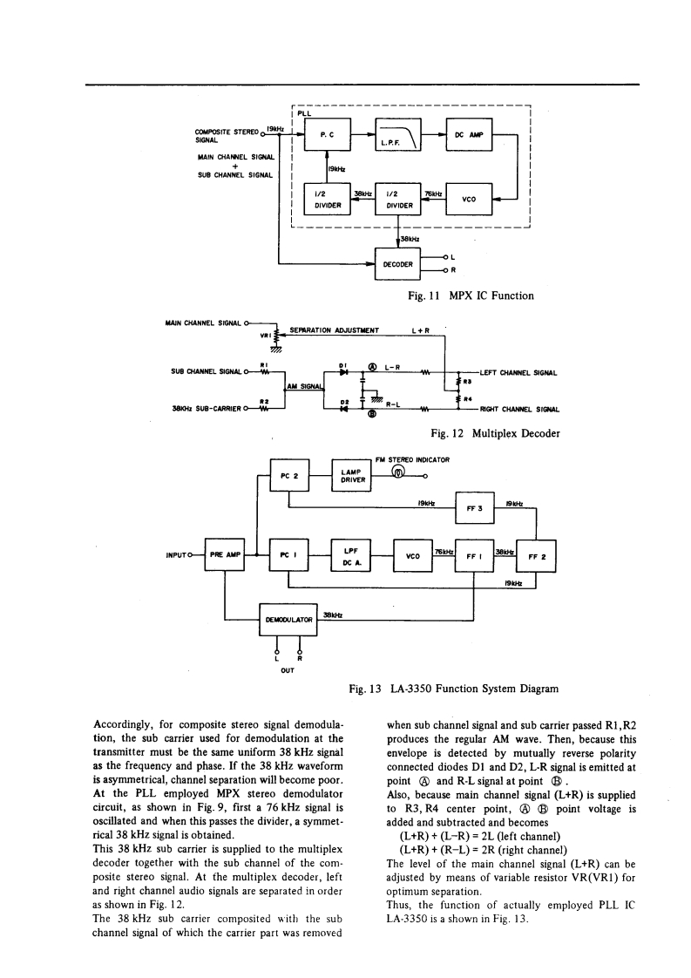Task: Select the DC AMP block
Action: tap(469, 135)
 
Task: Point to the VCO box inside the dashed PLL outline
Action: tap(469, 199)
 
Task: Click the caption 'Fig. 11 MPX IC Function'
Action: tap(471, 296)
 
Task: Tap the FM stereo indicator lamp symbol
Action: tap(397, 475)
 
